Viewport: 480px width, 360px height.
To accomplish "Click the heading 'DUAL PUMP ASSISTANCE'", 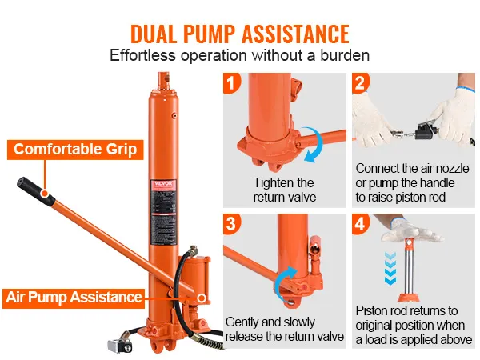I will (x=240, y=34).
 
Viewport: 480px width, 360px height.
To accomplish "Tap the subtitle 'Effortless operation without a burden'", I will (x=240, y=57).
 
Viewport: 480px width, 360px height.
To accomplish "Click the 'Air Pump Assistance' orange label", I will (x=74, y=297).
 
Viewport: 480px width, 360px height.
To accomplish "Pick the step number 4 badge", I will (x=361, y=223).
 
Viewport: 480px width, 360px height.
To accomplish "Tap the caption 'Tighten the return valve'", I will (x=283, y=190).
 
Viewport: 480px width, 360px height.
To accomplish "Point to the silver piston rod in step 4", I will (x=407, y=268).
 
